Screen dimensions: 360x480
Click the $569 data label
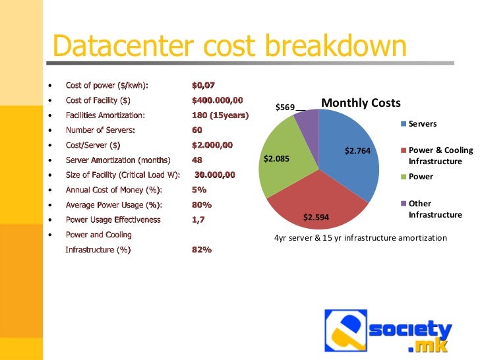pos(285,107)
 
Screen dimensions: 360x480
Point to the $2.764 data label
pos(358,151)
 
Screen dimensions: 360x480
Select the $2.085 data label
pos(276,158)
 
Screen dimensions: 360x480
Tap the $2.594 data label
pos(316,217)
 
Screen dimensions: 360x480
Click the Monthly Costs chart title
pos(361,104)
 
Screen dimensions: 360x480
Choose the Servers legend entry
pos(422,124)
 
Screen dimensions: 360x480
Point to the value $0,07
pos(203,86)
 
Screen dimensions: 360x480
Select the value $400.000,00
pos(217,100)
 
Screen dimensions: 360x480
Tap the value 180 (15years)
pos(220,115)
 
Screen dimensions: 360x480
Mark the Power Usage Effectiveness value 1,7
pos(198,220)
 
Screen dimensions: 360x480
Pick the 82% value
pos(201,250)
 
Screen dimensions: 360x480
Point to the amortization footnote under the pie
pos(360,237)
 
